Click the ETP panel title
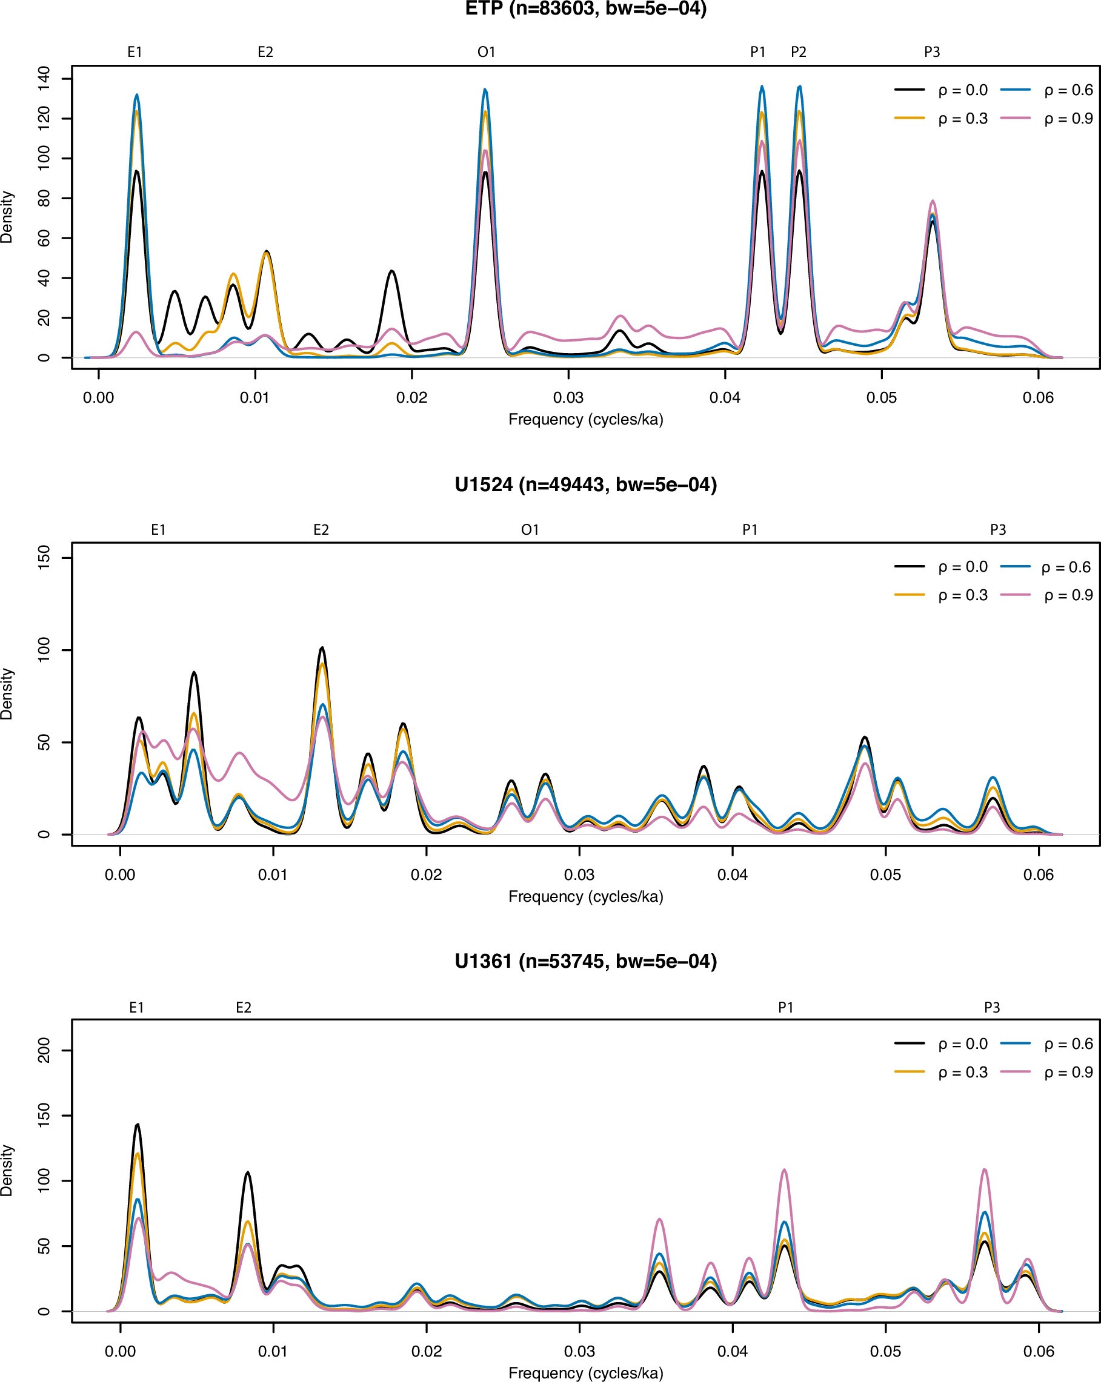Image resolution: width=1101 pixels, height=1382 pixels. [585, 10]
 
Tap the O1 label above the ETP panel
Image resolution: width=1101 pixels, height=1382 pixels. [486, 53]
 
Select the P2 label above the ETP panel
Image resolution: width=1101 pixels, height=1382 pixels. [799, 53]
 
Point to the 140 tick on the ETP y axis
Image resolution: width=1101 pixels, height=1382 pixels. [44, 79]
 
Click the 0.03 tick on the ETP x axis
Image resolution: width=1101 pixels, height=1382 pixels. [568, 397]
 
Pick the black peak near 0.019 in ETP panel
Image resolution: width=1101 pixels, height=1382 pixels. [392, 272]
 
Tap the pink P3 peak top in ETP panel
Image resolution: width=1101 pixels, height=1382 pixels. [933, 202]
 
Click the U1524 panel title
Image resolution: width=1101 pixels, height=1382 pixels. [585, 484]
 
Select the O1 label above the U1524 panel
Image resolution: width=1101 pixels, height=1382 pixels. [530, 530]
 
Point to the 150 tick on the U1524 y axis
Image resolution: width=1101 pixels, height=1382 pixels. [44, 558]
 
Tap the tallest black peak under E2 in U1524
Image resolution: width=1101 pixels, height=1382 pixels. [322, 648]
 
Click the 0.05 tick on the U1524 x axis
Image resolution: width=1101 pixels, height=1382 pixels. [885, 875]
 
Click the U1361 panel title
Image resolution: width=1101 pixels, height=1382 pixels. [585, 962]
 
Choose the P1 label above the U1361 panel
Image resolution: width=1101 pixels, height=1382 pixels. [785, 1008]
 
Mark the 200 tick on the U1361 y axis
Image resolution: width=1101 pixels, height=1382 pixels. [44, 1051]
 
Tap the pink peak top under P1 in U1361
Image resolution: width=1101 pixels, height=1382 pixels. [784, 1171]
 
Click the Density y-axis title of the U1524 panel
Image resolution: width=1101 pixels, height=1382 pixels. [8, 694]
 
